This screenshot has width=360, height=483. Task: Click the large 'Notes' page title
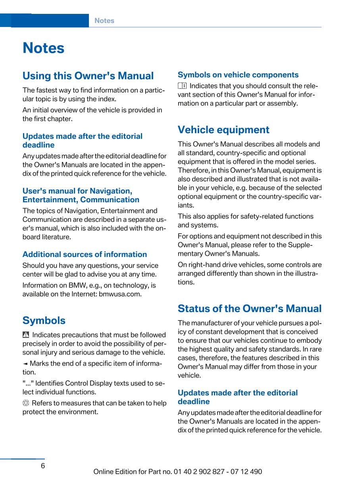(43, 48)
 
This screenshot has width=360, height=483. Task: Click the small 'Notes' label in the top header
(104, 21)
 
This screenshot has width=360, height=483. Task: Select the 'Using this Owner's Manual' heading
(88, 76)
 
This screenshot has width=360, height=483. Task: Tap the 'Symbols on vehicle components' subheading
(238, 75)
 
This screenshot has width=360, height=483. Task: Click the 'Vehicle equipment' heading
(223, 130)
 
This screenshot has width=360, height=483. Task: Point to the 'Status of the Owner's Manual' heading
(250, 309)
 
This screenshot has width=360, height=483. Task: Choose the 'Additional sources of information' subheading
(85, 254)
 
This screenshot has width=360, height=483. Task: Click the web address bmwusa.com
(120, 294)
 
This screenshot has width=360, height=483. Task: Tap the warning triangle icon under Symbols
(26, 335)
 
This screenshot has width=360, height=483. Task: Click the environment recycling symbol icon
(26, 403)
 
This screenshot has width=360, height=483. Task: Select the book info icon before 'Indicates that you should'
(182, 86)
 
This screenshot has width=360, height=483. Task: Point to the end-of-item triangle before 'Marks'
(25, 364)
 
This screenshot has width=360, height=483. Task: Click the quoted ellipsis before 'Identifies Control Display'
(28, 383)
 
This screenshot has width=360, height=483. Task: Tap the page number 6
(43, 466)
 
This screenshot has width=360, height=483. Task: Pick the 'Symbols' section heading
(44, 320)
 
